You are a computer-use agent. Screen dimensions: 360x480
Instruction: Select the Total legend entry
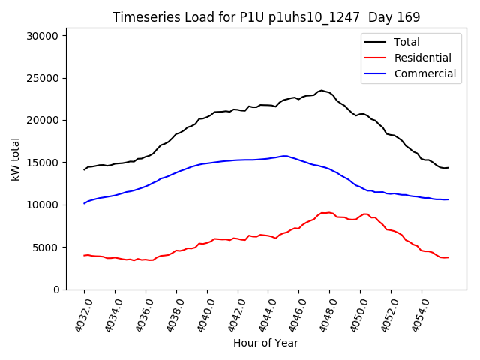pyautogui.click(x=406, y=42)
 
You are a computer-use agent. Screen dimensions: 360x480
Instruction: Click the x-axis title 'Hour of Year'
pyautogui.click(x=265, y=343)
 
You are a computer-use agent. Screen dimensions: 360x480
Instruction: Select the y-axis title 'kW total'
pyautogui.click(x=15, y=163)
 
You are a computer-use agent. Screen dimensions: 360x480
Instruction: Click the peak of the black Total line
pyautogui.click(x=322, y=91)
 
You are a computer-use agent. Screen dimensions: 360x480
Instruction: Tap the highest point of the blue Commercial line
pyautogui.click(x=285, y=156)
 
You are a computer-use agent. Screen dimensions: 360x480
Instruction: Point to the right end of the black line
pyautogui.click(x=448, y=167)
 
